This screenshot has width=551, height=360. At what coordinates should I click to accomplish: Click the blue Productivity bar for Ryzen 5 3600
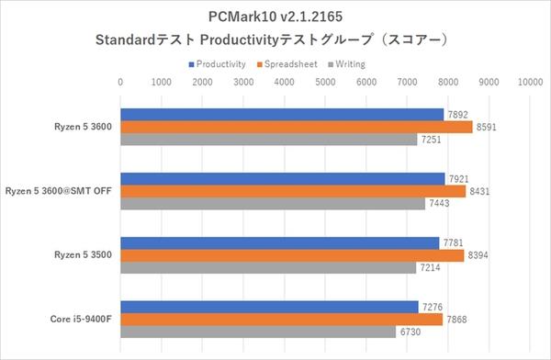(x=282, y=114)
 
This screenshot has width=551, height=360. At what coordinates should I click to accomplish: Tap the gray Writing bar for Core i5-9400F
(x=258, y=332)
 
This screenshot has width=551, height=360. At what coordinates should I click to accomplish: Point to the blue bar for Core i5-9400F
(x=269, y=306)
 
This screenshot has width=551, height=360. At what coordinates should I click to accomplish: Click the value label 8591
(x=487, y=127)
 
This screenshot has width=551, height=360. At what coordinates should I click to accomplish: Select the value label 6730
(x=410, y=332)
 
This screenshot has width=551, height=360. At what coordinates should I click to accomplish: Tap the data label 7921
(x=459, y=178)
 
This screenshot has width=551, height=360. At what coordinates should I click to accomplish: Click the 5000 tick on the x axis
(x=325, y=82)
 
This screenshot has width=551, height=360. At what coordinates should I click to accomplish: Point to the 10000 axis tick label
(x=529, y=82)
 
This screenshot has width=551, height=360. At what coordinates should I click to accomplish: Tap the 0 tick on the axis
(x=121, y=82)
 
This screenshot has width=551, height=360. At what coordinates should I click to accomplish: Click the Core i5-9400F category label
(x=80, y=319)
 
